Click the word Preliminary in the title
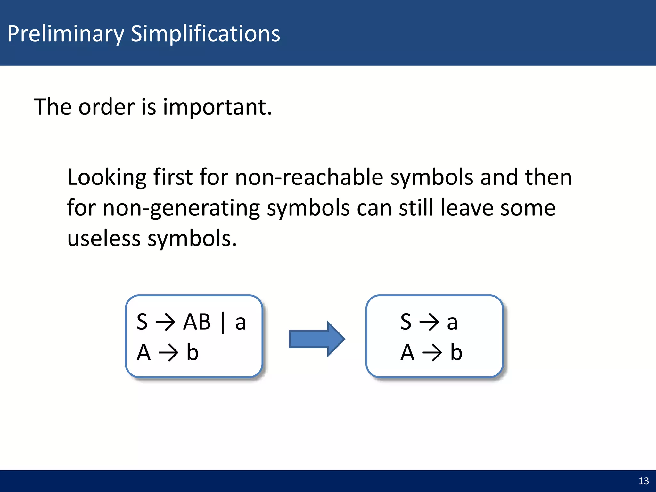coord(66,34)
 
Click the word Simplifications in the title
coord(205,34)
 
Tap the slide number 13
coord(644,481)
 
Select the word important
coord(217,107)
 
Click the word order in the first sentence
coord(107,107)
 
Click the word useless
coord(104,239)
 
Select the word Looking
coord(107,178)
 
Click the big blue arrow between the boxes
coord(316,339)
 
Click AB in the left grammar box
coord(197,322)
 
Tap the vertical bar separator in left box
coord(223,323)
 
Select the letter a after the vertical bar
coord(240,323)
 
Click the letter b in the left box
coord(192,352)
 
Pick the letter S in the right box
coord(406,322)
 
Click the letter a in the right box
coord(452,323)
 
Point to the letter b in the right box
coord(456,352)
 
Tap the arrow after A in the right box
coord(432,353)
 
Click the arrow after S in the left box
coord(165,322)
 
